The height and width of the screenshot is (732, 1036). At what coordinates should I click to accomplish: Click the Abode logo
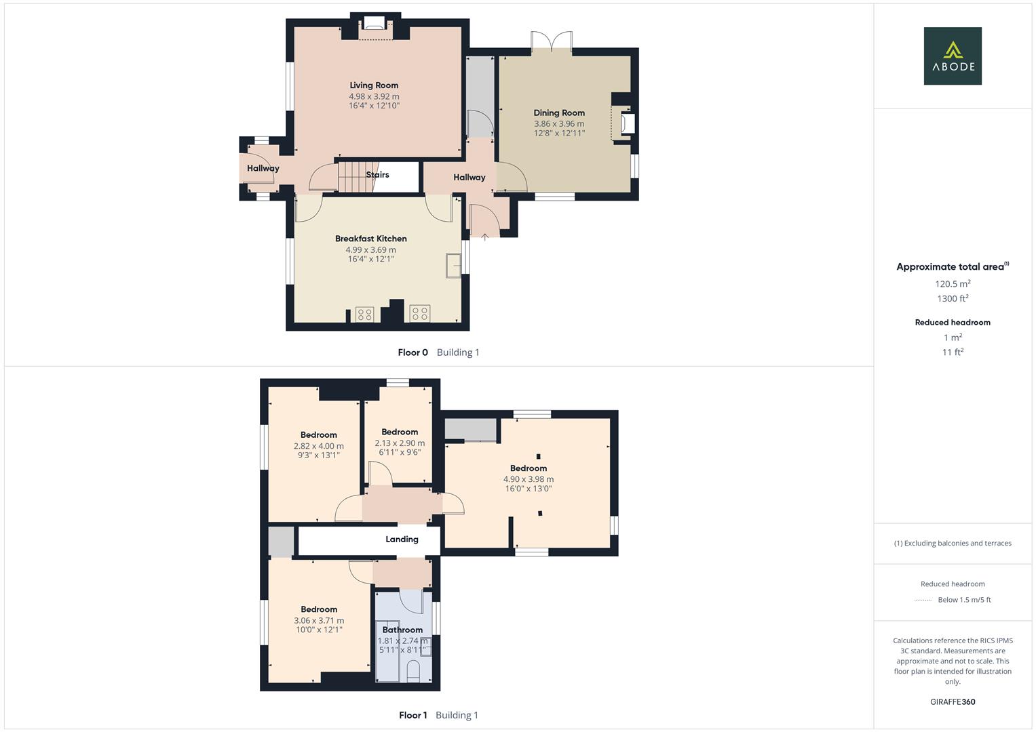tap(953, 56)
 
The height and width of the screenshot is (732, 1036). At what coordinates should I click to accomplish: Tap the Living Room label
tap(374, 85)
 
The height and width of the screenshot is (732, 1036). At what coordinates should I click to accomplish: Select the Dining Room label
tap(559, 113)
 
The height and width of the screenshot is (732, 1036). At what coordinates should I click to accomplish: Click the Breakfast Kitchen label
tap(371, 239)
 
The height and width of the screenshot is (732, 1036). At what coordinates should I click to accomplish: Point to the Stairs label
tap(377, 175)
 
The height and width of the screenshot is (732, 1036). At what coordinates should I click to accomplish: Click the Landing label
tap(402, 540)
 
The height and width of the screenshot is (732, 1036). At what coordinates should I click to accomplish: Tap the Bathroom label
tap(402, 630)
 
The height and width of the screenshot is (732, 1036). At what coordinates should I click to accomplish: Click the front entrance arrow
tap(484, 237)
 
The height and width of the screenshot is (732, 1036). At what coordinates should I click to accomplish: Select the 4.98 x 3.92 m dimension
tap(374, 96)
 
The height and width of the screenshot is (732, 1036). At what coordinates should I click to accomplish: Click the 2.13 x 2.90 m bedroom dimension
tap(400, 443)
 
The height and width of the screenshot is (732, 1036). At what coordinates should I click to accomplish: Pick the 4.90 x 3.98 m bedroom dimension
tap(529, 479)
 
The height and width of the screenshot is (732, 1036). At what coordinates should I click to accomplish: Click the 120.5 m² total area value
tap(953, 284)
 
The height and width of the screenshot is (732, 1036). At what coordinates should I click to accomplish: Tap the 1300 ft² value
tap(953, 298)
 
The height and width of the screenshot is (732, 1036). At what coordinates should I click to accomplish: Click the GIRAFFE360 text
tap(953, 702)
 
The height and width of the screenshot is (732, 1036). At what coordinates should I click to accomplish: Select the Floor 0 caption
tap(413, 352)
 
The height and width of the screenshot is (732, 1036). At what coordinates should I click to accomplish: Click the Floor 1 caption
tap(413, 715)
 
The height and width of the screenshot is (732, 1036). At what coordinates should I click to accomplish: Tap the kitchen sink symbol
tap(453, 265)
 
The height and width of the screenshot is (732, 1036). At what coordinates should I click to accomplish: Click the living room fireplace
tap(374, 24)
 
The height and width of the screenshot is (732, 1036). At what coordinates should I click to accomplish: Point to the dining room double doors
tap(552, 42)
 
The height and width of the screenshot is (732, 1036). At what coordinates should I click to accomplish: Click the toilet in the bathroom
tap(414, 671)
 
